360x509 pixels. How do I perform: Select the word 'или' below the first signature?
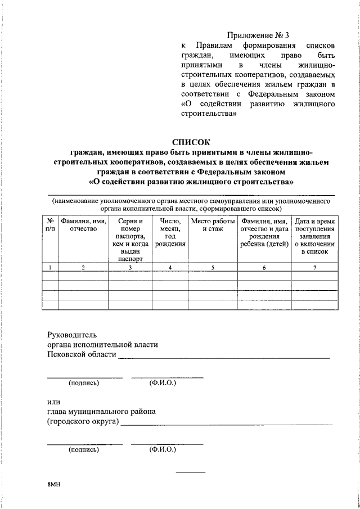[53, 401]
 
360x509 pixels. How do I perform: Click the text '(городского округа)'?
[83, 422]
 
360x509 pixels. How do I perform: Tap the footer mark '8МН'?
[53, 484]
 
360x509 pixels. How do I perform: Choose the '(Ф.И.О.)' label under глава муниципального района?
[163, 450]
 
